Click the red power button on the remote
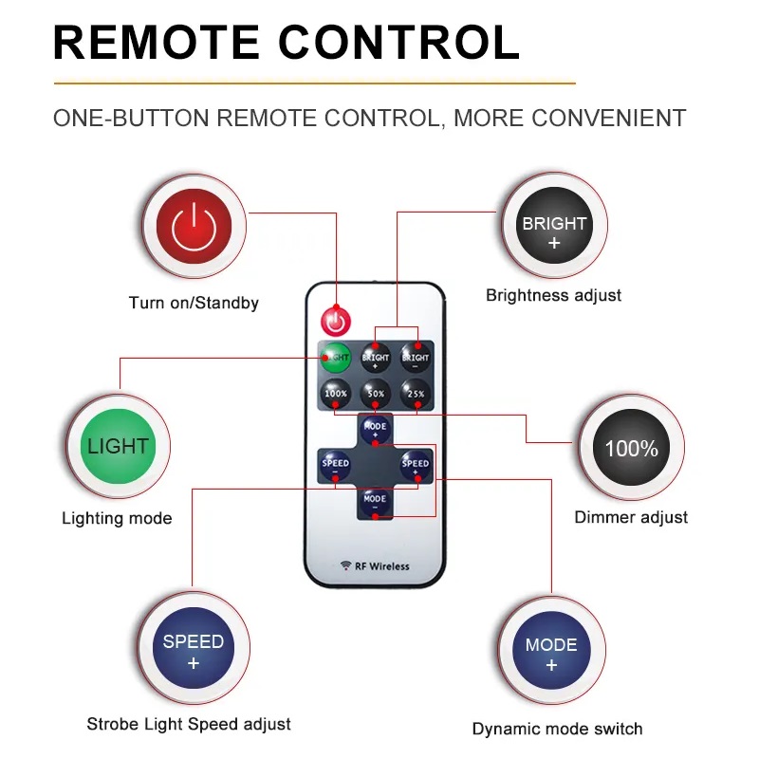coord(334,321)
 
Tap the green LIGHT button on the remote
coord(334,358)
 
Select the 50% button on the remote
coord(376,392)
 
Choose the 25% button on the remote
coord(416,392)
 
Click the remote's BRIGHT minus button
coord(416,358)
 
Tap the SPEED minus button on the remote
coord(335,464)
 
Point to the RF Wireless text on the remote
coord(375,566)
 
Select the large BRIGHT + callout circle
coord(554,225)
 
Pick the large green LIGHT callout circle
coord(118,446)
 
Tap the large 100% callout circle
coord(631,448)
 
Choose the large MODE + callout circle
coord(551,653)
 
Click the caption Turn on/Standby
coord(194,304)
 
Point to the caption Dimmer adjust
coord(631,517)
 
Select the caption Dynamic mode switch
coord(557,729)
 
